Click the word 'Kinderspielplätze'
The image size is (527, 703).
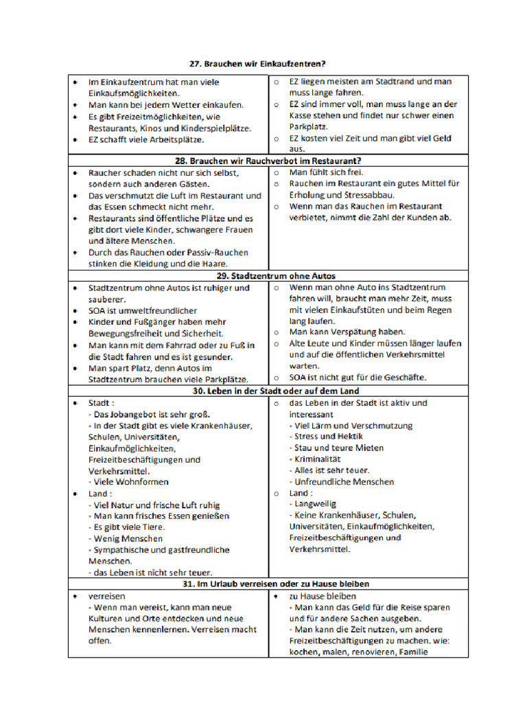coord(216,128)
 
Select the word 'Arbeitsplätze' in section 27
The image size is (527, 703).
coord(176,139)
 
